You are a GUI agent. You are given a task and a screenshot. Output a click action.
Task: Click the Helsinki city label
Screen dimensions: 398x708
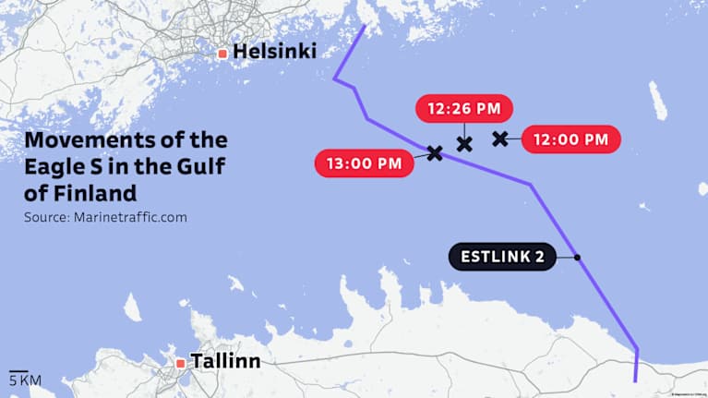pos(274,53)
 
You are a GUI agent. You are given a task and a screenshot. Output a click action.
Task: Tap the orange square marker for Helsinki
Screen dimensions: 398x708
pos(222,54)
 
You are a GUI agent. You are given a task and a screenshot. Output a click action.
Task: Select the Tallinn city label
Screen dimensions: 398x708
pos(224,361)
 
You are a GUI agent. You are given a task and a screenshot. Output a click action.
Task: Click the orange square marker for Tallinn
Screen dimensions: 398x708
pos(180,363)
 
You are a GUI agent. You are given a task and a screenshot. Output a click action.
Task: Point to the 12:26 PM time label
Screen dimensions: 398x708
pos(463,109)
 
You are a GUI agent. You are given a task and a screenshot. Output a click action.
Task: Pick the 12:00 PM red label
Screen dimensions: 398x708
pos(570,139)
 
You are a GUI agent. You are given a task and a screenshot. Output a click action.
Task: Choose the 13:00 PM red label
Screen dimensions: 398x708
pos(364,164)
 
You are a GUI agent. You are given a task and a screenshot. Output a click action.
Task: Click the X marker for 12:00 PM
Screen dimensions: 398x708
pos(500,139)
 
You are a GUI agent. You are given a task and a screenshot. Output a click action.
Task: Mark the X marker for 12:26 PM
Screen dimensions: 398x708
pos(464,143)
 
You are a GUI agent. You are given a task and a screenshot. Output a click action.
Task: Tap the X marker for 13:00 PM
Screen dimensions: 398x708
pos(435,152)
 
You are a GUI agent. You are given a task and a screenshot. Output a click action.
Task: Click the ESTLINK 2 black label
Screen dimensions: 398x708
pos(502,257)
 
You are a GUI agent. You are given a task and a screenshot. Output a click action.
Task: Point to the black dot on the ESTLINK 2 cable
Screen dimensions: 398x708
pos(577,257)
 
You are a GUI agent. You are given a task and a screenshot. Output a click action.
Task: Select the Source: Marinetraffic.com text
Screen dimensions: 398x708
pos(105,218)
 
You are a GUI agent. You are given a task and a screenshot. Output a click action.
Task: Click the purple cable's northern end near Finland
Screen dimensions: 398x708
pos(364,27)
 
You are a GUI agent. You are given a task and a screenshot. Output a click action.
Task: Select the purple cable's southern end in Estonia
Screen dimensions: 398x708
pos(635,380)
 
